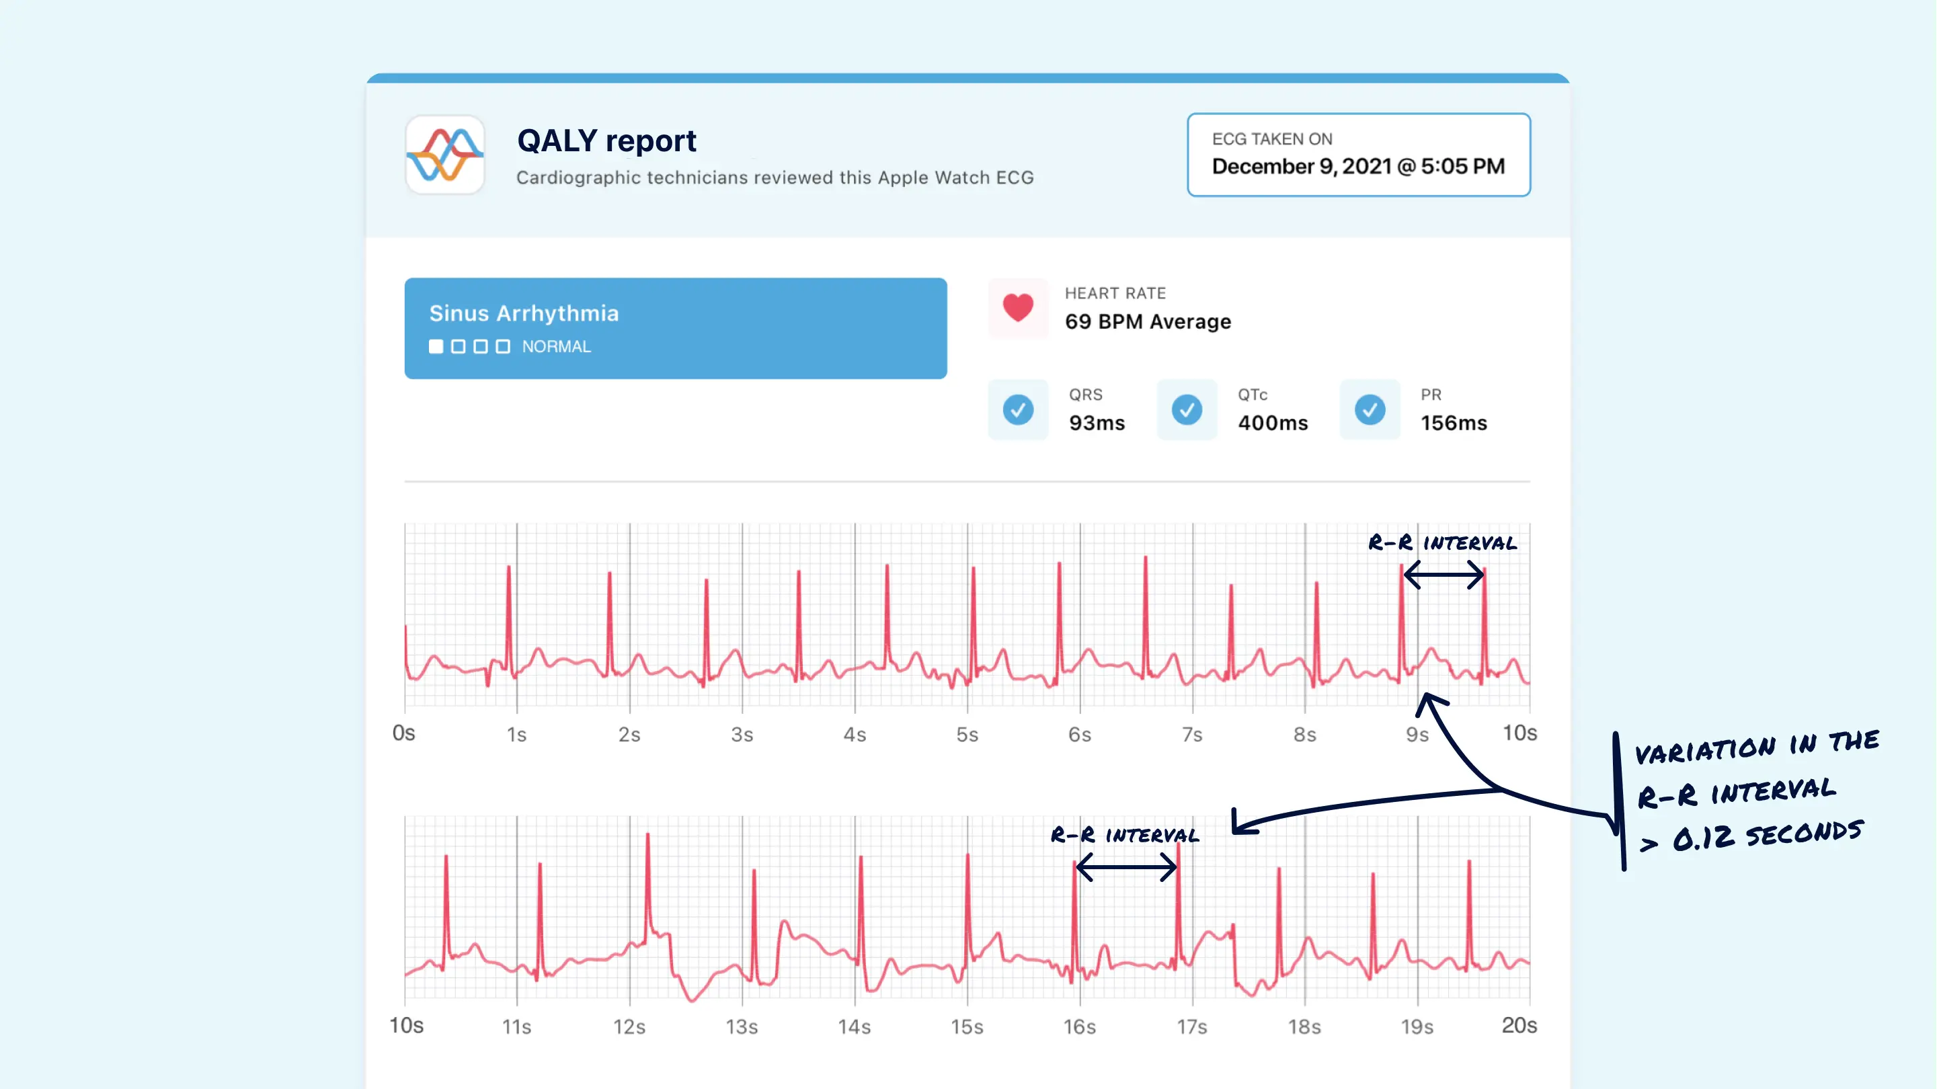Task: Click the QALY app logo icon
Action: (445, 155)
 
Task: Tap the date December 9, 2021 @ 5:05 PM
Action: (1358, 166)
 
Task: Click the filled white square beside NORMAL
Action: (436, 347)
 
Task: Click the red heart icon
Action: (1018, 308)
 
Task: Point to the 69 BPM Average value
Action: (1148, 322)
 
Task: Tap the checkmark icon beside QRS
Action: (1018, 410)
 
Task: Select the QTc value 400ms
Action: (1273, 424)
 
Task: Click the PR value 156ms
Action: (1454, 424)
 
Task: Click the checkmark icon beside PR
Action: (1370, 410)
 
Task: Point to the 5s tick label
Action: (967, 735)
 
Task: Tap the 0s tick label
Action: (404, 733)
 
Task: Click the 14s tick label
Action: (855, 1026)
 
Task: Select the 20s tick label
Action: (1519, 1026)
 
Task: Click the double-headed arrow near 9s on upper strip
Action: (1443, 575)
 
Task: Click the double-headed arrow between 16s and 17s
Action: (1126, 868)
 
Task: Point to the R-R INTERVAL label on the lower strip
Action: (1125, 835)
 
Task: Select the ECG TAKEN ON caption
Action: (1271, 139)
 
